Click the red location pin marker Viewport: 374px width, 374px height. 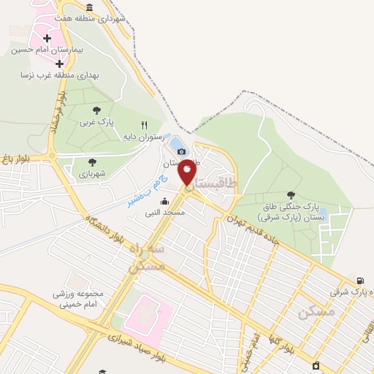click(188, 171)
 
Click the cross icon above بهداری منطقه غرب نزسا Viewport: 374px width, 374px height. click(59, 64)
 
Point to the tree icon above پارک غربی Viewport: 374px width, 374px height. click(97, 110)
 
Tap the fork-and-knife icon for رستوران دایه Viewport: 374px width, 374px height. click(144, 126)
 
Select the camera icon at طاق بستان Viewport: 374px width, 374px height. click(181, 150)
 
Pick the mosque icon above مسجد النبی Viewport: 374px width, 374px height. click(165, 202)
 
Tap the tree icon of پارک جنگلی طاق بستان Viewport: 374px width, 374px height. click(291, 195)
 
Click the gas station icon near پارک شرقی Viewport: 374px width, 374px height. click(360, 280)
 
